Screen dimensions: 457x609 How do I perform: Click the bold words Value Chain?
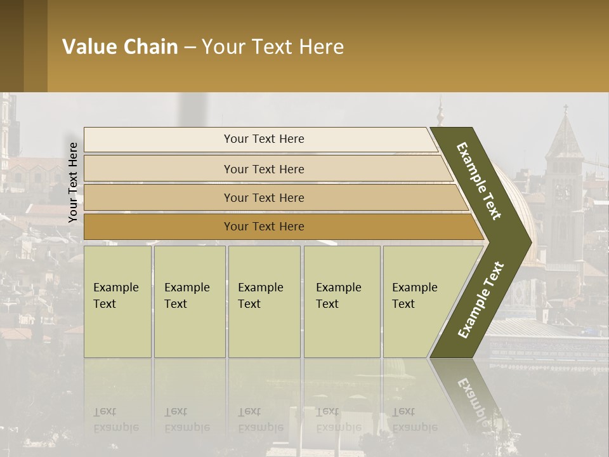pyautogui.click(x=120, y=47)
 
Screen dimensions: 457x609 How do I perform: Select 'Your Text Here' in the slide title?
pyautogui.click(x=273, y=47)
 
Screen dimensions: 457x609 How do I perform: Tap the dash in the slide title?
pyautogui.click(x=190, y=48)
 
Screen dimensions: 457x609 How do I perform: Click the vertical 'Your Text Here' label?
pyautogui.click(x=73, y=182)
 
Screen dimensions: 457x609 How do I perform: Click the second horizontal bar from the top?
pyautogui.click(x=263, y=169)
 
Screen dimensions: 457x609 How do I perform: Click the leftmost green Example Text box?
pyautogui.click(x=117, y=301)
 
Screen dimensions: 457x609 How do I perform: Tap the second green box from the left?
pyautogui.click(x=190, y=301)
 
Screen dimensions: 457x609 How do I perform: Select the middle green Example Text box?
pyautogui.click(x=264, y=301)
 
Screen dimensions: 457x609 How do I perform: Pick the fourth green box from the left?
pyautogui.click(x=342, y=301)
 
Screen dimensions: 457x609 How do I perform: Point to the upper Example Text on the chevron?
pyautogui.click(x=480, y=181)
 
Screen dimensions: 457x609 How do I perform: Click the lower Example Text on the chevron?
pyautogui.click(x=480, y=300)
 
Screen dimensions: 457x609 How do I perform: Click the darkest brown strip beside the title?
pyautogui.click(x=11, y=46)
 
